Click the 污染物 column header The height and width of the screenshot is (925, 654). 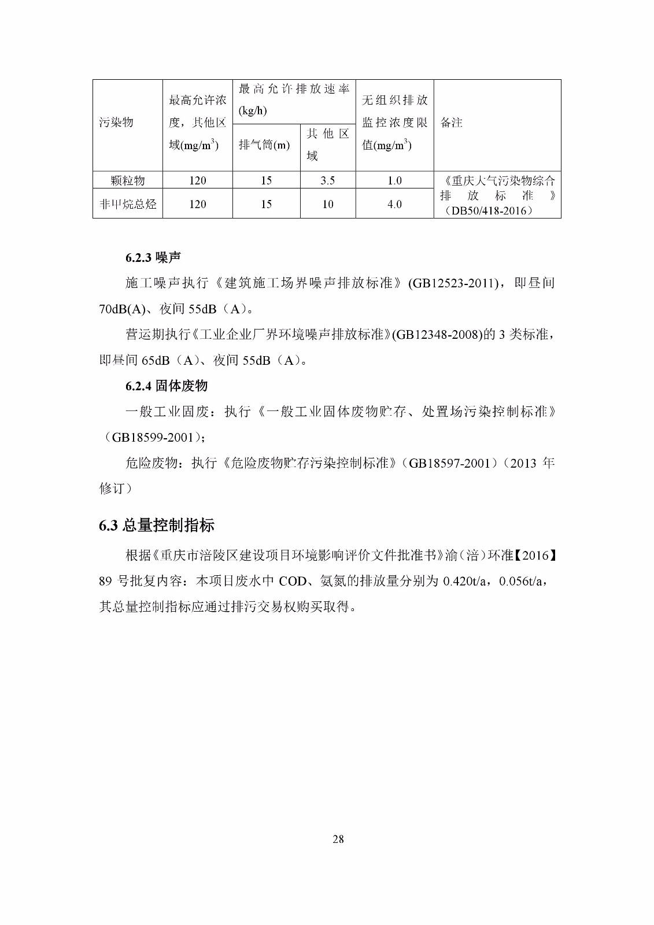[x=116, y=123]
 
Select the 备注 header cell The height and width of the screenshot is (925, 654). [x=451, y=123]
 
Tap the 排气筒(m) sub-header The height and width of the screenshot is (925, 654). [x=264, y=145]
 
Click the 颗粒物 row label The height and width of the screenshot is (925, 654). [x=128, y=181]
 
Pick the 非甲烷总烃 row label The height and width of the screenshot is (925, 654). [x=128, y=204]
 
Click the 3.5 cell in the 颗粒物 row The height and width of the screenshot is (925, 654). [x=327, y=181]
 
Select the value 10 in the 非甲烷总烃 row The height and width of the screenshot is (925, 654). [x=327, y=204]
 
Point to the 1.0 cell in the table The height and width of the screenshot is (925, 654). [x=394, y=181]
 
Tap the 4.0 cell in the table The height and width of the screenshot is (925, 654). [x=394, y=204]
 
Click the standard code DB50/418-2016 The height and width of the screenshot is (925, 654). [x=489, y=211]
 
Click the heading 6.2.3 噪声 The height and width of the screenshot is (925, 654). [x=153, y=258]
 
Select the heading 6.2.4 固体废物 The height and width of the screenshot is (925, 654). [x=167, y=386]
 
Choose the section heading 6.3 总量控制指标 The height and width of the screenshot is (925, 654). [x=157, y=526]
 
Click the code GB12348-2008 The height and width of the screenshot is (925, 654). [x=437, y=335]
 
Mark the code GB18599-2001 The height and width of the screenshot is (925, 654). [x=152, y=438]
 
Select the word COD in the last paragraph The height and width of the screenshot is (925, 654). [x=293, y=582]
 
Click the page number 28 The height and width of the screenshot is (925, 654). [x=338, y=839]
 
